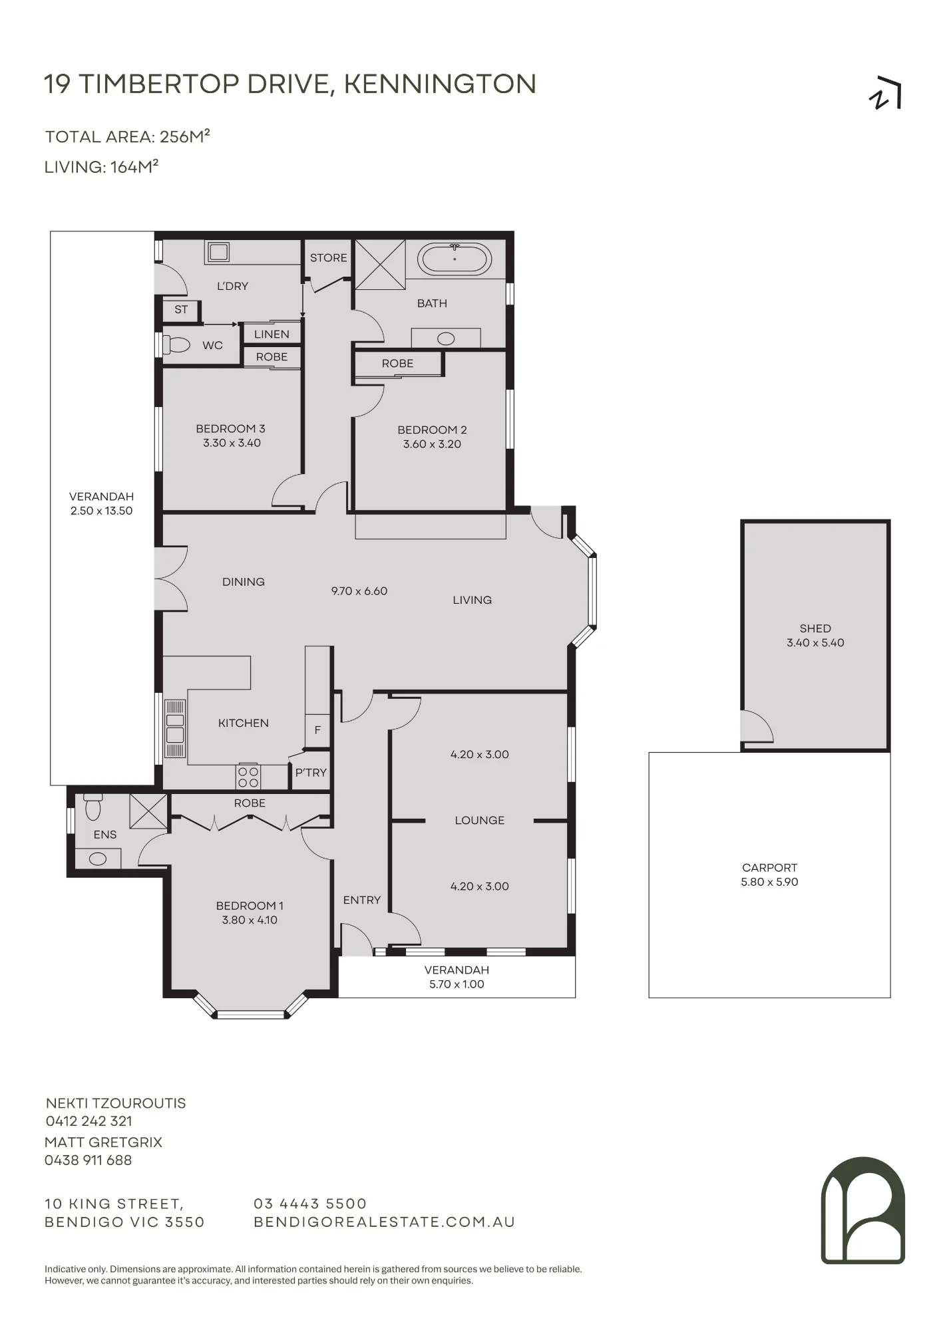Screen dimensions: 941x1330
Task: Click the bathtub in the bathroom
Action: coord(455,259)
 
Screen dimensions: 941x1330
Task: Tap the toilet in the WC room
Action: coord(176,345)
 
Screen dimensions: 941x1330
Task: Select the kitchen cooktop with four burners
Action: coord(248,777)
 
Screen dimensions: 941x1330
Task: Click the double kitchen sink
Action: coord(175,728)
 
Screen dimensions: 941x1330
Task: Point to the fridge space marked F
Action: coord(317,730)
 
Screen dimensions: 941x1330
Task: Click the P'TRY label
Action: coord(311,773)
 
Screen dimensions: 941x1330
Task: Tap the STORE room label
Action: coord(329,258)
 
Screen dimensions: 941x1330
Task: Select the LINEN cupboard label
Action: coord(272,334)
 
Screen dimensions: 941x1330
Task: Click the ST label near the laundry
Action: coord(181,309)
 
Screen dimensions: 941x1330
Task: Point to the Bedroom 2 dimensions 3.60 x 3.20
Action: coord(432,444)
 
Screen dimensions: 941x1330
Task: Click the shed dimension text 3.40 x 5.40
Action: coord(815,643)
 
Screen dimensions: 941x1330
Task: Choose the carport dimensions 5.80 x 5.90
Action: coord(769,882)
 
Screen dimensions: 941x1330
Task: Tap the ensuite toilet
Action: coord(93,807)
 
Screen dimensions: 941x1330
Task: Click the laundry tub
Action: coord(218,252)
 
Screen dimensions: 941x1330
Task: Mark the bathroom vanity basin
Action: coord(446,338)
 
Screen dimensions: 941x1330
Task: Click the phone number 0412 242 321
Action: coord(89,1121)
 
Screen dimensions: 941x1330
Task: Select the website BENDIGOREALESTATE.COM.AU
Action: coord(385,1222)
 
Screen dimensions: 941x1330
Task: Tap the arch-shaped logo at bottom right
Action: coord(863,1210)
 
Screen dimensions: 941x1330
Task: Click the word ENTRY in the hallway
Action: coord(362,900)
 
